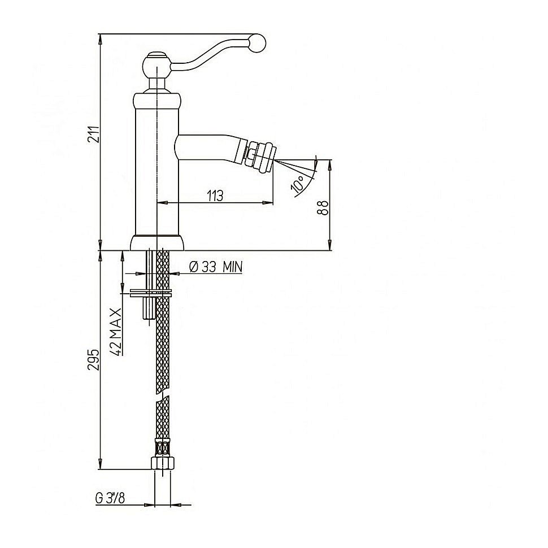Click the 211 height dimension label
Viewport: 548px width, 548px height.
coord(94,134)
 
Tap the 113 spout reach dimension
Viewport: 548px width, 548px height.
coord(215,196)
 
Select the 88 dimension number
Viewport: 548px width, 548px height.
coord(323,208)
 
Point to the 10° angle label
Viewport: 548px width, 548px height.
coord(298,184)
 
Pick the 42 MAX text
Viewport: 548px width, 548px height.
coord(116,332)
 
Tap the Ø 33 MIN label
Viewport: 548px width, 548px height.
coord(216,267)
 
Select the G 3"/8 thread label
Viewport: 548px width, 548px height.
coord(110,498)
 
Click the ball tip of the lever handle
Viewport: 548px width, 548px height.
coord(258,44)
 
